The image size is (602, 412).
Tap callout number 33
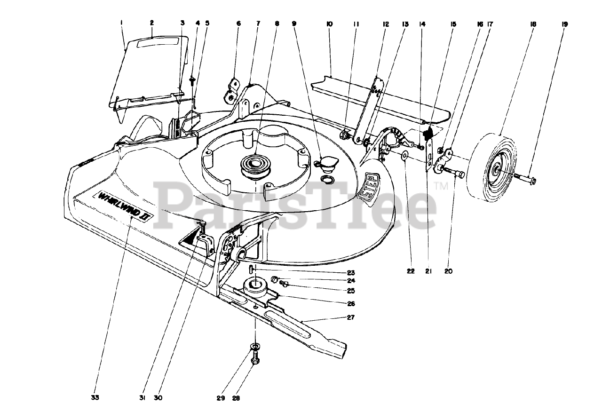tap(95, 398)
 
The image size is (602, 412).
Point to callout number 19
tap(564, 24)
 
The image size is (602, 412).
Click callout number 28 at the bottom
tap(236, 398)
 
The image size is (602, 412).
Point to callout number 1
tap(121, 23)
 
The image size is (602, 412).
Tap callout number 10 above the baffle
tap(329, 23)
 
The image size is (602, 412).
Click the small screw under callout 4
tap(193, 80)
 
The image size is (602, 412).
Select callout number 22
tap(411, 271)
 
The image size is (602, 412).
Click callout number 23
tap(350, 273)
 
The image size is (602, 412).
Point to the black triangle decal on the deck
tap(190, 238)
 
